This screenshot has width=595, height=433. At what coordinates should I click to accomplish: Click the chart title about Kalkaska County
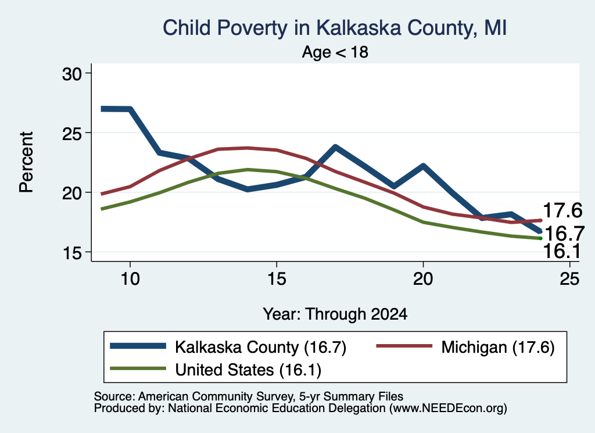(335, 28)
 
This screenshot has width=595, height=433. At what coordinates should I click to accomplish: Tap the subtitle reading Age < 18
(335, 52)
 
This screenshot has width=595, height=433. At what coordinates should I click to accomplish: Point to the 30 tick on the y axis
(71, 74)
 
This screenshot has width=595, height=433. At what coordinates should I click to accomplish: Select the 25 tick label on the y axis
(71, 133)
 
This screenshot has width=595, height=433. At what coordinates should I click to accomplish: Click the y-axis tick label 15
(71, 252)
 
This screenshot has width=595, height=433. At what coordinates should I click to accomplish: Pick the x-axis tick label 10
(130, 278)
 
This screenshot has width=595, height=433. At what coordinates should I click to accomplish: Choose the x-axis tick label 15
(277, 278)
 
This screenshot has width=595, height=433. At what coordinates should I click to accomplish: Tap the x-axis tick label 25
(569, 278)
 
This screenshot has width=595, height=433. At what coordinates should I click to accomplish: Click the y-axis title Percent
(27, 162)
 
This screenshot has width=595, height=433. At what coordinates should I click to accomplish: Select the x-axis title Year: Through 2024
(335, 314)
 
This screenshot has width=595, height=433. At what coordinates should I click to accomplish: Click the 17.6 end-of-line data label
(562, 210)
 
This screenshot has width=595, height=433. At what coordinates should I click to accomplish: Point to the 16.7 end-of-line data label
(564, 233)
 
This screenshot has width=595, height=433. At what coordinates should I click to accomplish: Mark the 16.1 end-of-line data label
(562, 251)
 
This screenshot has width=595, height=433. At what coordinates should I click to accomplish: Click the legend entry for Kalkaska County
(261, 347)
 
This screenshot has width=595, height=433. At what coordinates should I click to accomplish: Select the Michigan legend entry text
(498, 347)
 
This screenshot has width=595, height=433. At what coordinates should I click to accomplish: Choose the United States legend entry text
(248, 370)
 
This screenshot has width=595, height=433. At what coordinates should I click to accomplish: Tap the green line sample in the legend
(138, 368)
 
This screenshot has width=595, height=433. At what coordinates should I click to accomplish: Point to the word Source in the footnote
(114, 396)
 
